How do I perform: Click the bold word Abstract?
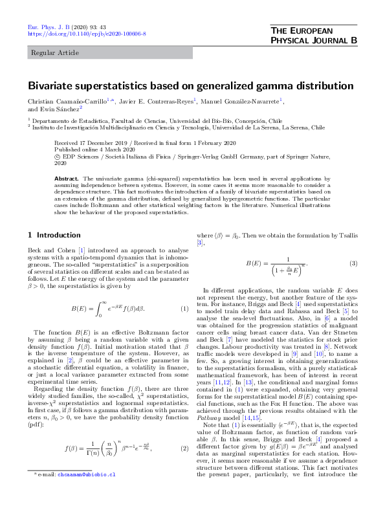[67, 177]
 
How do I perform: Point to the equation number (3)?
[353, 263]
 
